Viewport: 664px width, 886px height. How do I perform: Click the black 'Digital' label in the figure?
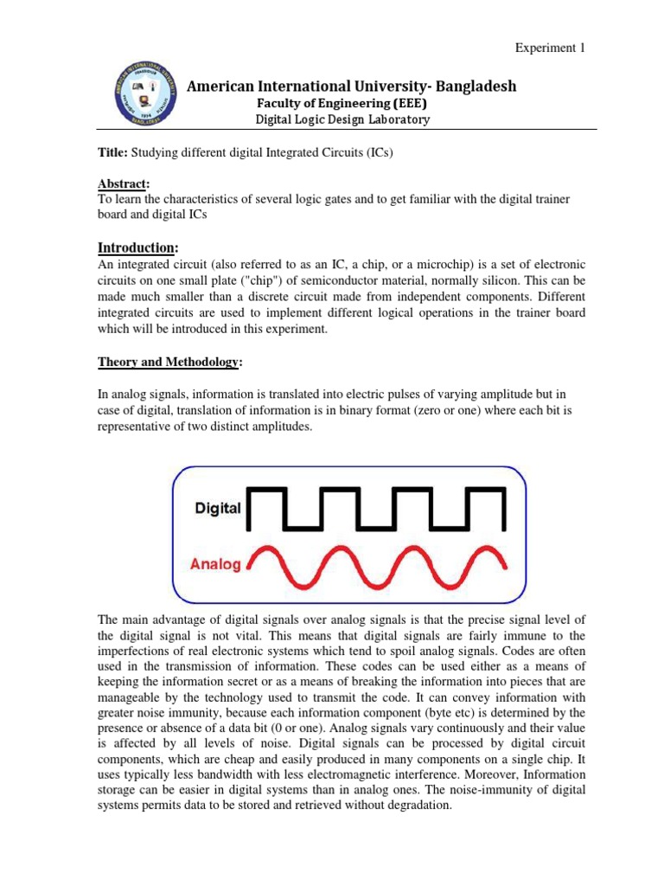(217, 508)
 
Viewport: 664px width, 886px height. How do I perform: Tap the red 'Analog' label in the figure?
(214, 564)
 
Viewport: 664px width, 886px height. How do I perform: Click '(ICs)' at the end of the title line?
(374, 152)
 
